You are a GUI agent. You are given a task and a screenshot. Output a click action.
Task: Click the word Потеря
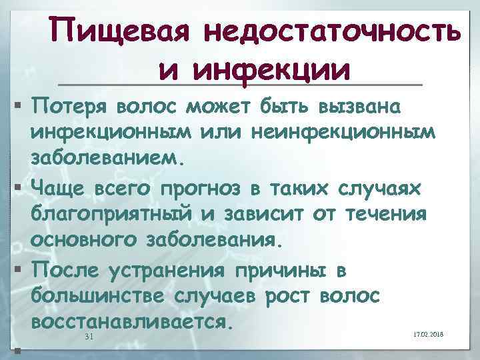pos(70,106)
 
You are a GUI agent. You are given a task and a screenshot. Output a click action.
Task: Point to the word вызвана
pos(369,106)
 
